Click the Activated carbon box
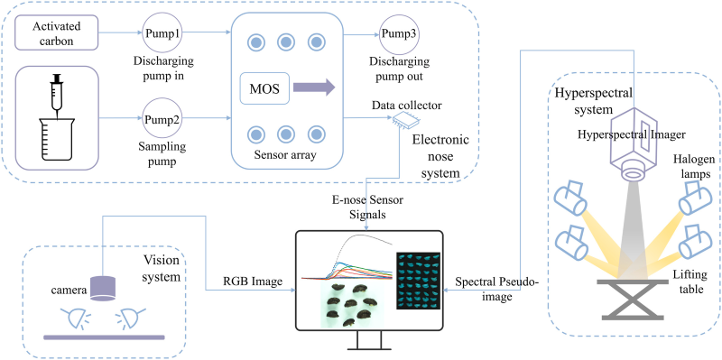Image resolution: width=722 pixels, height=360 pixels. [57, 32]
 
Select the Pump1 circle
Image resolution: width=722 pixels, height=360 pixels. [162, 33]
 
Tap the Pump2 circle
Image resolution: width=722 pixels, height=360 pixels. [162, 119]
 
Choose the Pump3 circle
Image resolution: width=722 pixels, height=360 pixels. [399, 33]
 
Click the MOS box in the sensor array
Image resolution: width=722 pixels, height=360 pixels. [264, 88]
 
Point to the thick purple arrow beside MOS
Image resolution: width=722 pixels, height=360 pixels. [313, 88]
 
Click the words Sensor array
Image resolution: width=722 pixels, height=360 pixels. [285, 154]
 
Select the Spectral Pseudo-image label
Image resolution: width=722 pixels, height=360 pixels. [496, 289]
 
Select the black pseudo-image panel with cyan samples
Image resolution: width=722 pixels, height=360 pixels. [418, 281]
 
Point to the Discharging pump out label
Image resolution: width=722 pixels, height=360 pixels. [398, 69]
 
